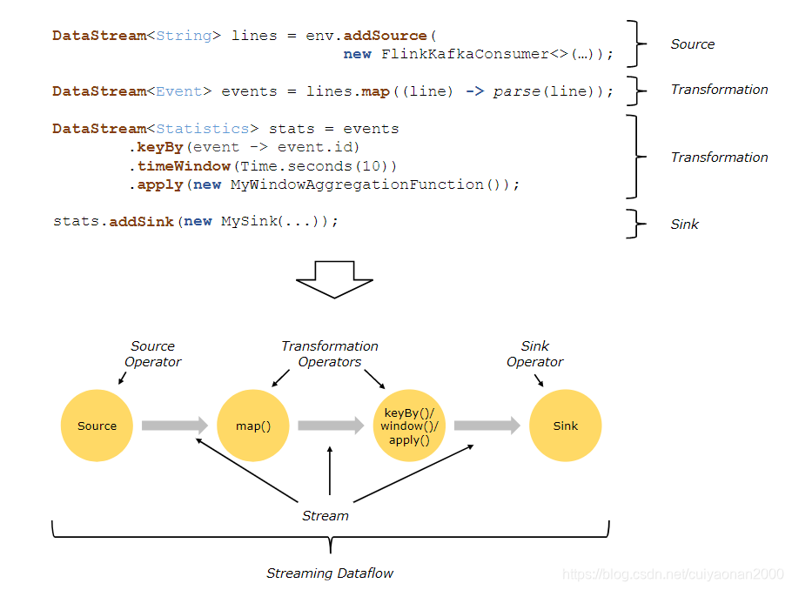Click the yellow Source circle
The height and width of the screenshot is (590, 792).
pyautogui.click(x=97, y=426)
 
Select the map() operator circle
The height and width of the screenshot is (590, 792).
pyautogui.click(x=253, y=426)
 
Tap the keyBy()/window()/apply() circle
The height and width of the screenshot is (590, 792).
pyautogui.click(x=409, y=426)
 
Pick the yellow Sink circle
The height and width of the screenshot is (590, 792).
pyautogui.click(x=565, y=426)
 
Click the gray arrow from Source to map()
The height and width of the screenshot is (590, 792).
pyautogui.click(x=174, y=426)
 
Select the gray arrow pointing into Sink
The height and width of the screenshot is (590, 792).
pyautogui.click(x=487, y=426)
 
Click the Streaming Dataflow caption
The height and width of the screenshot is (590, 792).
pyautogui.click(x=330, y=573)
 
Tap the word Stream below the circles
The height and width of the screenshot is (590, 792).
pyautogui.click(x=325, y=515)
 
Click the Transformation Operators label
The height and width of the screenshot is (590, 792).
pyautogui.click(x=330, y=353)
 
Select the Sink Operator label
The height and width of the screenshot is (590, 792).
pyautogui.click(x=535, y=353)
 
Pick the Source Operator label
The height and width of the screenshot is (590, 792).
pyautogui.click(x=152, y=353)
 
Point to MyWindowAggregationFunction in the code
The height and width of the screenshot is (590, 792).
pyautogui.click(x=366, y=184)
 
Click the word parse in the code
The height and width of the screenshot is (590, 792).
pyautogui.click(x=517, y=91)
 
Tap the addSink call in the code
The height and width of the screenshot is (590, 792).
pyautogui.click(x=143, y=221)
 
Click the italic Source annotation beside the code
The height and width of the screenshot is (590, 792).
pyautogui.click(x=692, y=44)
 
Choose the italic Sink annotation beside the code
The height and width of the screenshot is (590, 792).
pyautogui.click(x=684, y=224)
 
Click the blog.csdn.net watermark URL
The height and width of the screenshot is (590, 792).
pyautogui.click(x=673, y=574)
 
